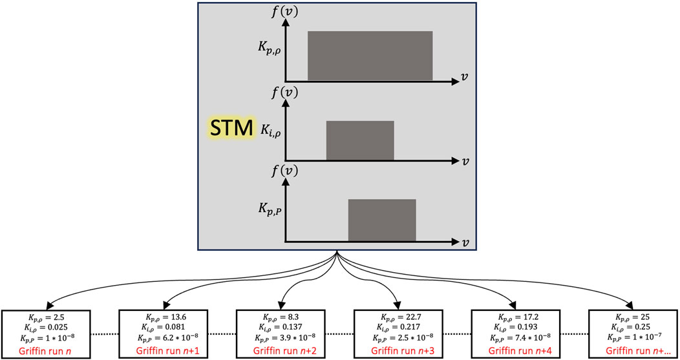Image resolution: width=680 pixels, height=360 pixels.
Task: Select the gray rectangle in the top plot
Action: tap(370, 56)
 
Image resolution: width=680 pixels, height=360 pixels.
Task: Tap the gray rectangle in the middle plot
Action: tap(360, 140)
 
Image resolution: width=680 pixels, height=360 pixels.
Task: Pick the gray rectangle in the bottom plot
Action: tap(382, 220)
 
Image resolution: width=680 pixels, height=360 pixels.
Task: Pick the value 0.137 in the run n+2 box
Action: tap(290, 328)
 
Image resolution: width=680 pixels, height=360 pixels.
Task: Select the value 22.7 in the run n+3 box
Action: tap(409, 318)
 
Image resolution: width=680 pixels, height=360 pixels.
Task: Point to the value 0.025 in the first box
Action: tap(56, 328)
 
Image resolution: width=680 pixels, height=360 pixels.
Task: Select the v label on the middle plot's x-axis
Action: tap(465, 159)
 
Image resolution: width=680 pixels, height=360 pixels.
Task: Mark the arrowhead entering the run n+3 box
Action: tap(396, 306)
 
